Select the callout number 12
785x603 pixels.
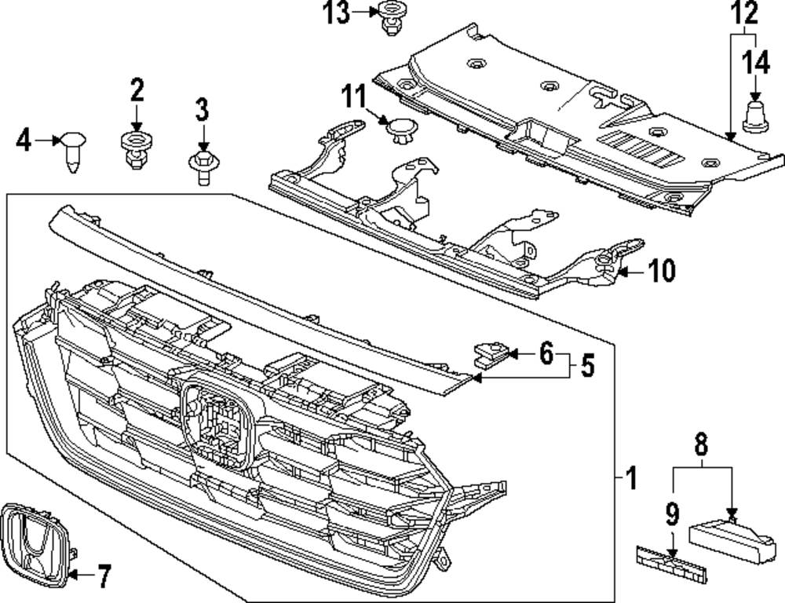coord(746,13)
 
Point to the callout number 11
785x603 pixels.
coord(353,100)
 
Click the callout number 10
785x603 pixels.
coord(662,272)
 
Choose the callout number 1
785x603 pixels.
coord(630,477)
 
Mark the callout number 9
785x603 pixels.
coord(672,515)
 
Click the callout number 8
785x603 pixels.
coord(701,445)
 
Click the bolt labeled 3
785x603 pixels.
coord(203,166)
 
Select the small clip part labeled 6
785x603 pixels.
coord(490,355)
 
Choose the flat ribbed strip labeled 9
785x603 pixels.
coord(670,565)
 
